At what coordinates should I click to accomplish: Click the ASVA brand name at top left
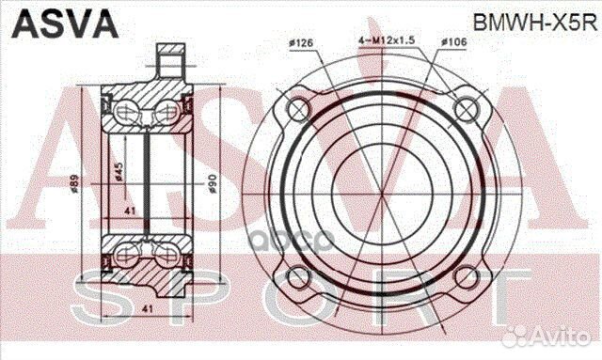65,23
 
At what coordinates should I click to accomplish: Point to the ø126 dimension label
301,43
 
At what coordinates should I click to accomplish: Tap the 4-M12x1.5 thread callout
387,40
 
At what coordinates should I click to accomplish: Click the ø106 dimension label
454,41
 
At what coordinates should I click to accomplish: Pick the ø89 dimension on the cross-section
74,184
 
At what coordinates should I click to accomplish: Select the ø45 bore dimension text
119,172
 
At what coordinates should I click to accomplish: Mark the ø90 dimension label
212,184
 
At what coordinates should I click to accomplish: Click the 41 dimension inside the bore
130,211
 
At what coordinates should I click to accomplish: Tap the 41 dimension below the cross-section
147,308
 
